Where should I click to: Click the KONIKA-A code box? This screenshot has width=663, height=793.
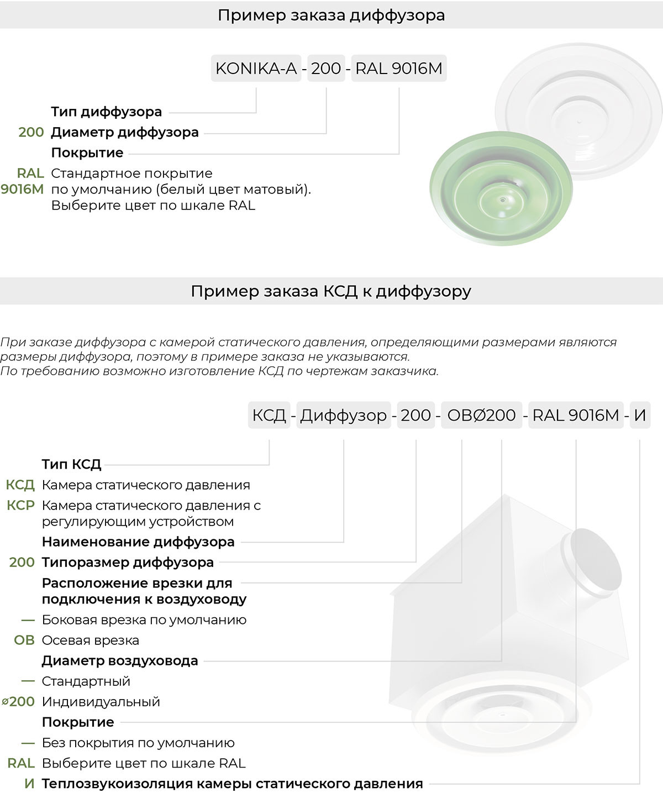[256, 69]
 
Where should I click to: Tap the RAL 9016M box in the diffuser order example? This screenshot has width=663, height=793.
[398, 69]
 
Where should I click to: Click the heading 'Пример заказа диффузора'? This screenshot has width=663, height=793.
[331, 15]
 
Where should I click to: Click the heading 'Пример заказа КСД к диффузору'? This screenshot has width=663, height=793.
[331, 291]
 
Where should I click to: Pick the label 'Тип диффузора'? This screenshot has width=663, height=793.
[107, 112]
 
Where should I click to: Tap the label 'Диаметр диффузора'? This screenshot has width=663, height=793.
[125, 132]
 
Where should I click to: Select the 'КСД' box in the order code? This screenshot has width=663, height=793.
[269, 415]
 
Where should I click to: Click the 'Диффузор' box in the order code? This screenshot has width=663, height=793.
[343, 415]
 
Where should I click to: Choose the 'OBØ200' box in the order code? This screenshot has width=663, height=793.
[481, 415]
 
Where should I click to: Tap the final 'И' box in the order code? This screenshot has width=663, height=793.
[640, 415]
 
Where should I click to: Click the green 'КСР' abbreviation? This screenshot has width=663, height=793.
[20, 505]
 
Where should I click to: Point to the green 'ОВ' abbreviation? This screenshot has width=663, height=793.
[24, 640]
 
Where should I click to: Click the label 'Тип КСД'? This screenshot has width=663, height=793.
[72, 464]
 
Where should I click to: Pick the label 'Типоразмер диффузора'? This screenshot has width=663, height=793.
[128, 562]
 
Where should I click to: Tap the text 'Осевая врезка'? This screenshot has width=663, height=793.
[91, 640]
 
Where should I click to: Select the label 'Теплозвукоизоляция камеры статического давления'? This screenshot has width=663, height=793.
[232, 784]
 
